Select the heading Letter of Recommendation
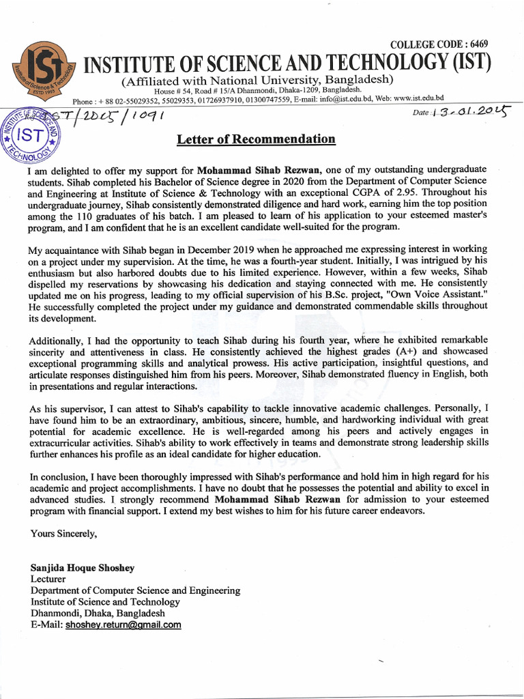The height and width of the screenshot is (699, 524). pos(256,140)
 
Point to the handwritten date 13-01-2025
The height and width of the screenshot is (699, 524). pos(471,112)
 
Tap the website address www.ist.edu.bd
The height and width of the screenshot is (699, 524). pos(418,98)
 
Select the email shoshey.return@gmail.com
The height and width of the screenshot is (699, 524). pos(123,625)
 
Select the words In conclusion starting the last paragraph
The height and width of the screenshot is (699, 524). pos(59,476)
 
